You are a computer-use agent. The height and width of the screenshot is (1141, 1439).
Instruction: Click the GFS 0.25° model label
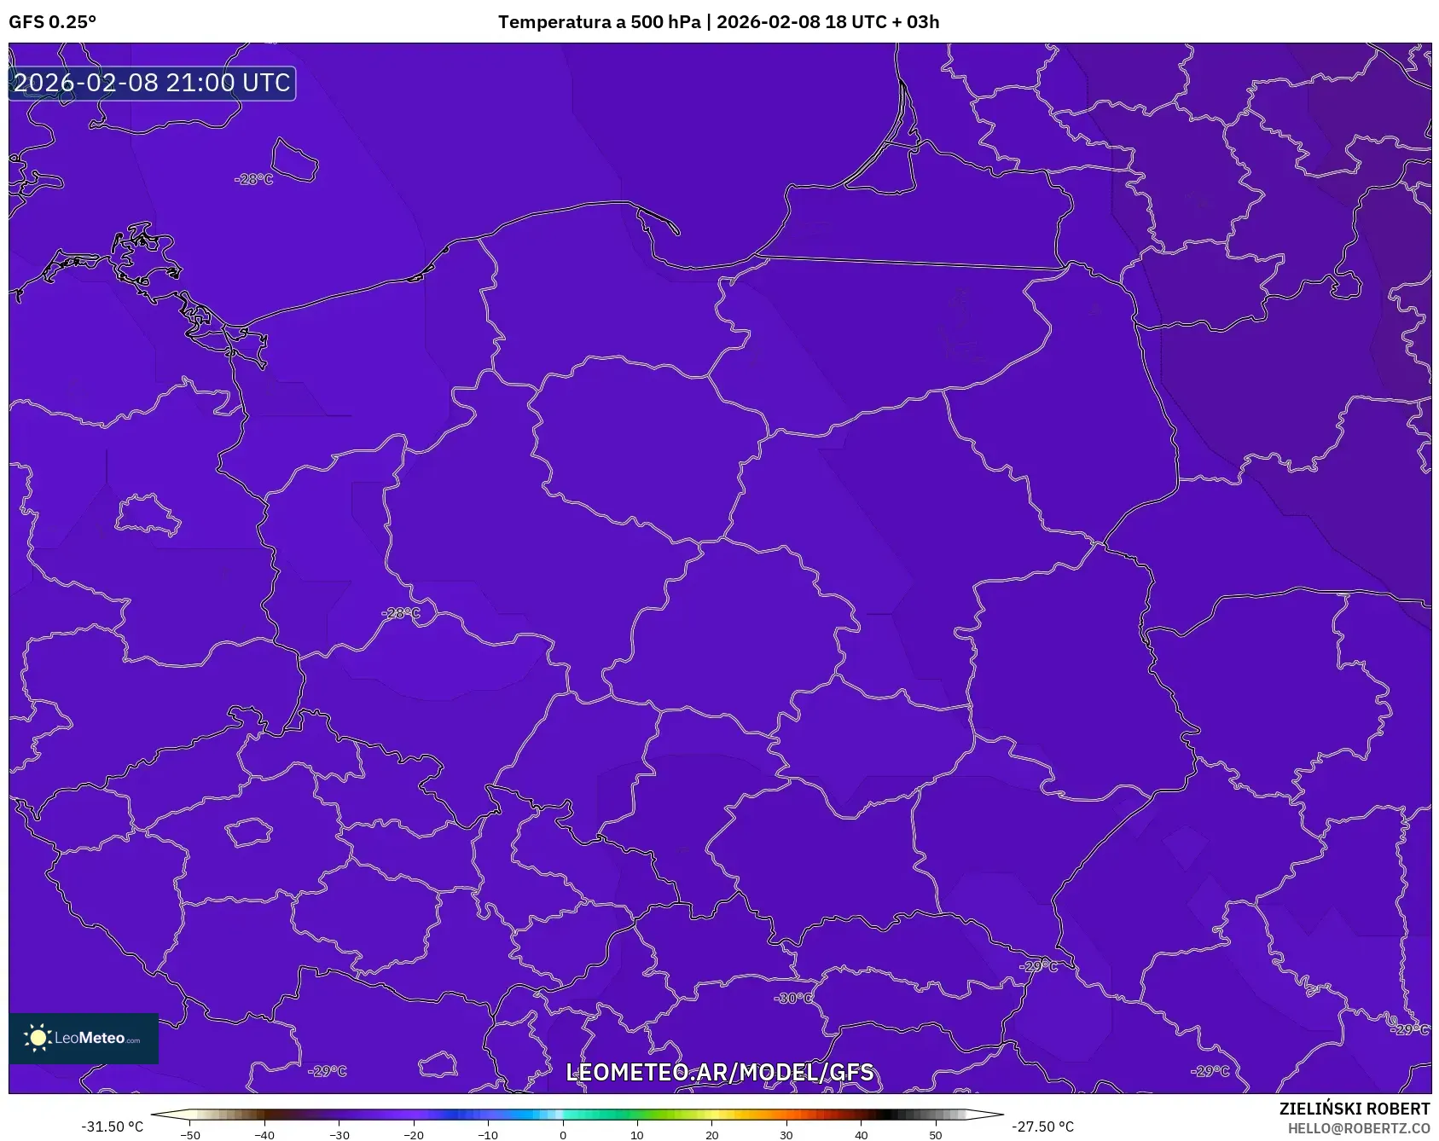pos(52,22)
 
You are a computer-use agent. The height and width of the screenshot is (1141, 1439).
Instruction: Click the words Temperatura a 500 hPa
pos(599,22)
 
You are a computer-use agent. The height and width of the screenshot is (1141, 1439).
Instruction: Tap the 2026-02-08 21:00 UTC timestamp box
pos(152,83)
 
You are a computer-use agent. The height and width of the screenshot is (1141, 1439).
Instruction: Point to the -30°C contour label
pos(793,998)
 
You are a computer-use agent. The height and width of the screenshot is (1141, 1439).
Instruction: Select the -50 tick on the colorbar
pos(190,1134)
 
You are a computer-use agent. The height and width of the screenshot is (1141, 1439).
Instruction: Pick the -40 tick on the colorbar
pos(264,1134)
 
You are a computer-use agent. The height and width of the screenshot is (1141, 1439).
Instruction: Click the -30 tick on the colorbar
pos(339,1134)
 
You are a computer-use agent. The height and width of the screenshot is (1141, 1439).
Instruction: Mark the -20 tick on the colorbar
pos(414,1134)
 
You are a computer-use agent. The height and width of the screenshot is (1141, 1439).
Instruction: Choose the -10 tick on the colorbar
pos(488,1134)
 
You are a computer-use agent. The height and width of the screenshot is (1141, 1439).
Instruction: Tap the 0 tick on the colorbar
pos(563,1134)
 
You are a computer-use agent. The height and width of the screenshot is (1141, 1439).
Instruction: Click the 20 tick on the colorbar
pos(712,1134)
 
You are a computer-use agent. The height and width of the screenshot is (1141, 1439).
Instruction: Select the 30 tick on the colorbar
pos(786,1134)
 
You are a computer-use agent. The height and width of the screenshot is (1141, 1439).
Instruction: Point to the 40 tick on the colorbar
pos(862,1134)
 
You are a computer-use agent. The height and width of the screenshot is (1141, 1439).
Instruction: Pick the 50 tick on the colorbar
pos(936,1134)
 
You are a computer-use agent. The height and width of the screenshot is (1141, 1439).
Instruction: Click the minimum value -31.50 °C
pos(112,1127)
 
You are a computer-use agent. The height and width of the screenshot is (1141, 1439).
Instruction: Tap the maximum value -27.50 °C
pos(1042,1127)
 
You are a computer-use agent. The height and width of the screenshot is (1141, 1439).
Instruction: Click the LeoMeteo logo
pos(84,1038)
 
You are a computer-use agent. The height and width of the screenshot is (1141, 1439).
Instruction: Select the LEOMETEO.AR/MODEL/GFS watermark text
pos(720,1072)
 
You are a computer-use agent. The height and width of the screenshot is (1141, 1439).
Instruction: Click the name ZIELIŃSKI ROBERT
pos(1354,1109)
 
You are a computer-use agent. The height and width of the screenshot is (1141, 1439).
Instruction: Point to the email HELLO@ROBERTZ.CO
pos(1358,1128)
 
